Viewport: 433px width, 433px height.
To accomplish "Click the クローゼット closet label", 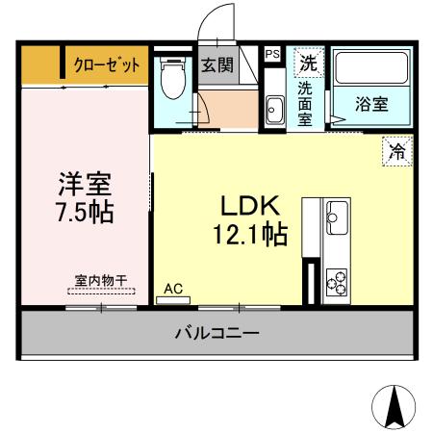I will click(107, 64).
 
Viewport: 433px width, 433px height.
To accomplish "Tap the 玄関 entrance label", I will click(217, 65).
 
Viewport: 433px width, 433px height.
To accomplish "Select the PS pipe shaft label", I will click(272, 55).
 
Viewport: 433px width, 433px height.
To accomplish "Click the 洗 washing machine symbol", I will click(308, 64).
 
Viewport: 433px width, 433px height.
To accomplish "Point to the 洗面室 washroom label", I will click(306, 104).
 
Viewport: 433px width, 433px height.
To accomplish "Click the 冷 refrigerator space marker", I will click(396, 151).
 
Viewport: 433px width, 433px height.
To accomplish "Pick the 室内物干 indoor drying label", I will click(101, 280).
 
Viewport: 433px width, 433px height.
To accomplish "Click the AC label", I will click(173, 288).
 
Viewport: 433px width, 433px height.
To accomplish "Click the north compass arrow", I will click(394, 407).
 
